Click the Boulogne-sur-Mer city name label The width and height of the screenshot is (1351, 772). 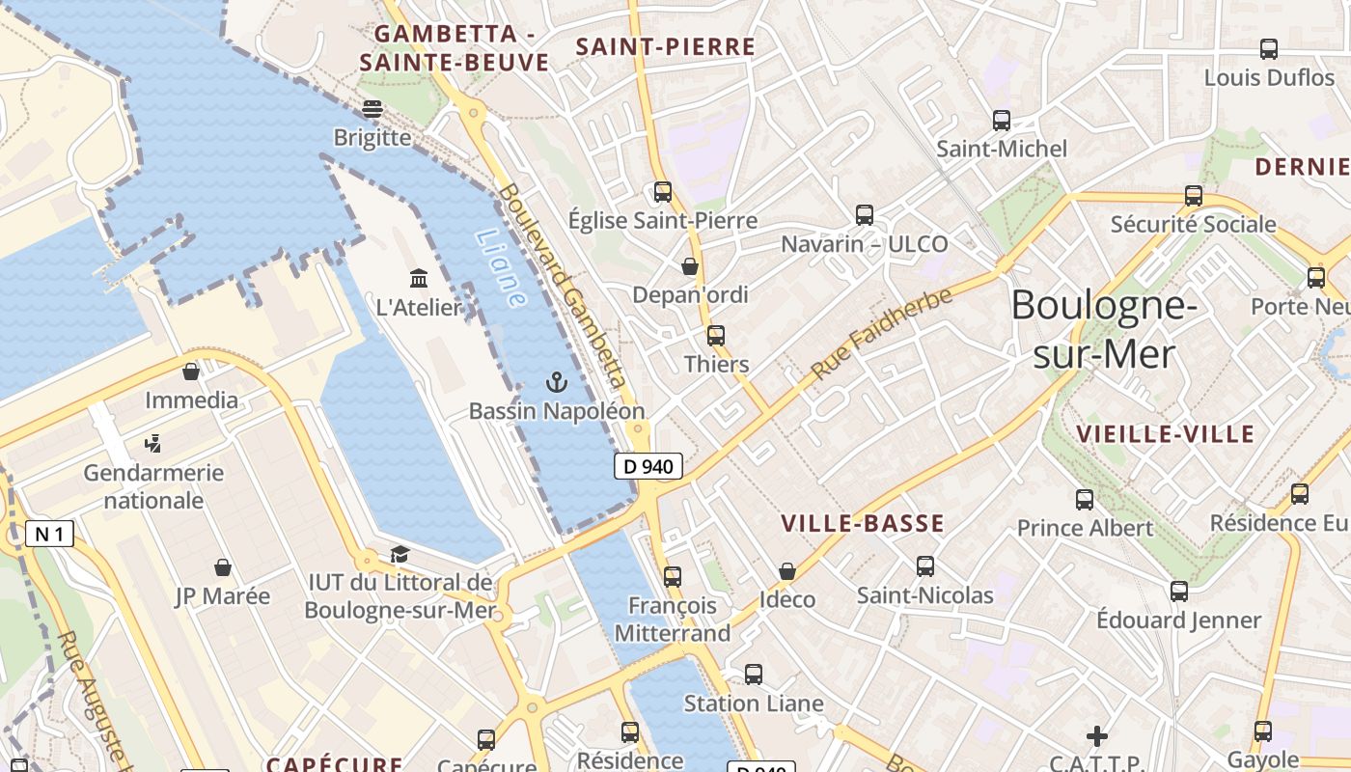tap(1104, 330)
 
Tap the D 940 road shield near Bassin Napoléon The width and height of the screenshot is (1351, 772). tap(648, 466)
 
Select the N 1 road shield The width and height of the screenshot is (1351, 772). tap(49, 534)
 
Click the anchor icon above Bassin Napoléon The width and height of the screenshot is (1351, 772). tap(556, 382)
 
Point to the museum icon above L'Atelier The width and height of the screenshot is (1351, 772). tap(419, 279)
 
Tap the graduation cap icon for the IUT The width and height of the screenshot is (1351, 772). tap(400, 554)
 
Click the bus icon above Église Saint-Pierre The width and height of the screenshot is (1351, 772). tap(662, 191)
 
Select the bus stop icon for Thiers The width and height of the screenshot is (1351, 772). tap(715, 336)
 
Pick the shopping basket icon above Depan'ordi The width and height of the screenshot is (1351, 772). tap(690, 266)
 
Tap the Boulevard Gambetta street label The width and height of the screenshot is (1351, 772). tap(564, 286)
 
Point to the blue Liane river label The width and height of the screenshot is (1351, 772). tap(502, 268)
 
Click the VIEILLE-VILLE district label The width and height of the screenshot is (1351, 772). tap(1166, 434)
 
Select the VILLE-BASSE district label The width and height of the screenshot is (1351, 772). tap(862, 524)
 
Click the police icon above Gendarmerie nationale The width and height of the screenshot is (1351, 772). tap(152, 445)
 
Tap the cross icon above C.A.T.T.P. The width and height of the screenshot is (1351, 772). tap(1096, 736)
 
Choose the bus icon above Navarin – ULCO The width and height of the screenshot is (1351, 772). tap(864, 215)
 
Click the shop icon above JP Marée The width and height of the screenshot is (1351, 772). tap(223, 567)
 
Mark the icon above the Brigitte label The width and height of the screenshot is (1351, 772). tap(372, 109)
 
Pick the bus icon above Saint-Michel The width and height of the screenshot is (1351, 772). tap(1002, 121)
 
